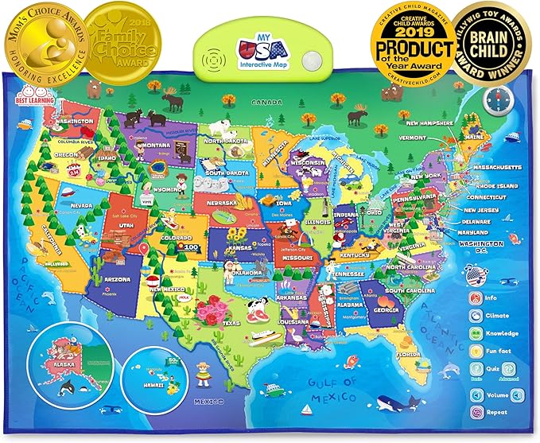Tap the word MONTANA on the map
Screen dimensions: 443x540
point(158,146)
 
